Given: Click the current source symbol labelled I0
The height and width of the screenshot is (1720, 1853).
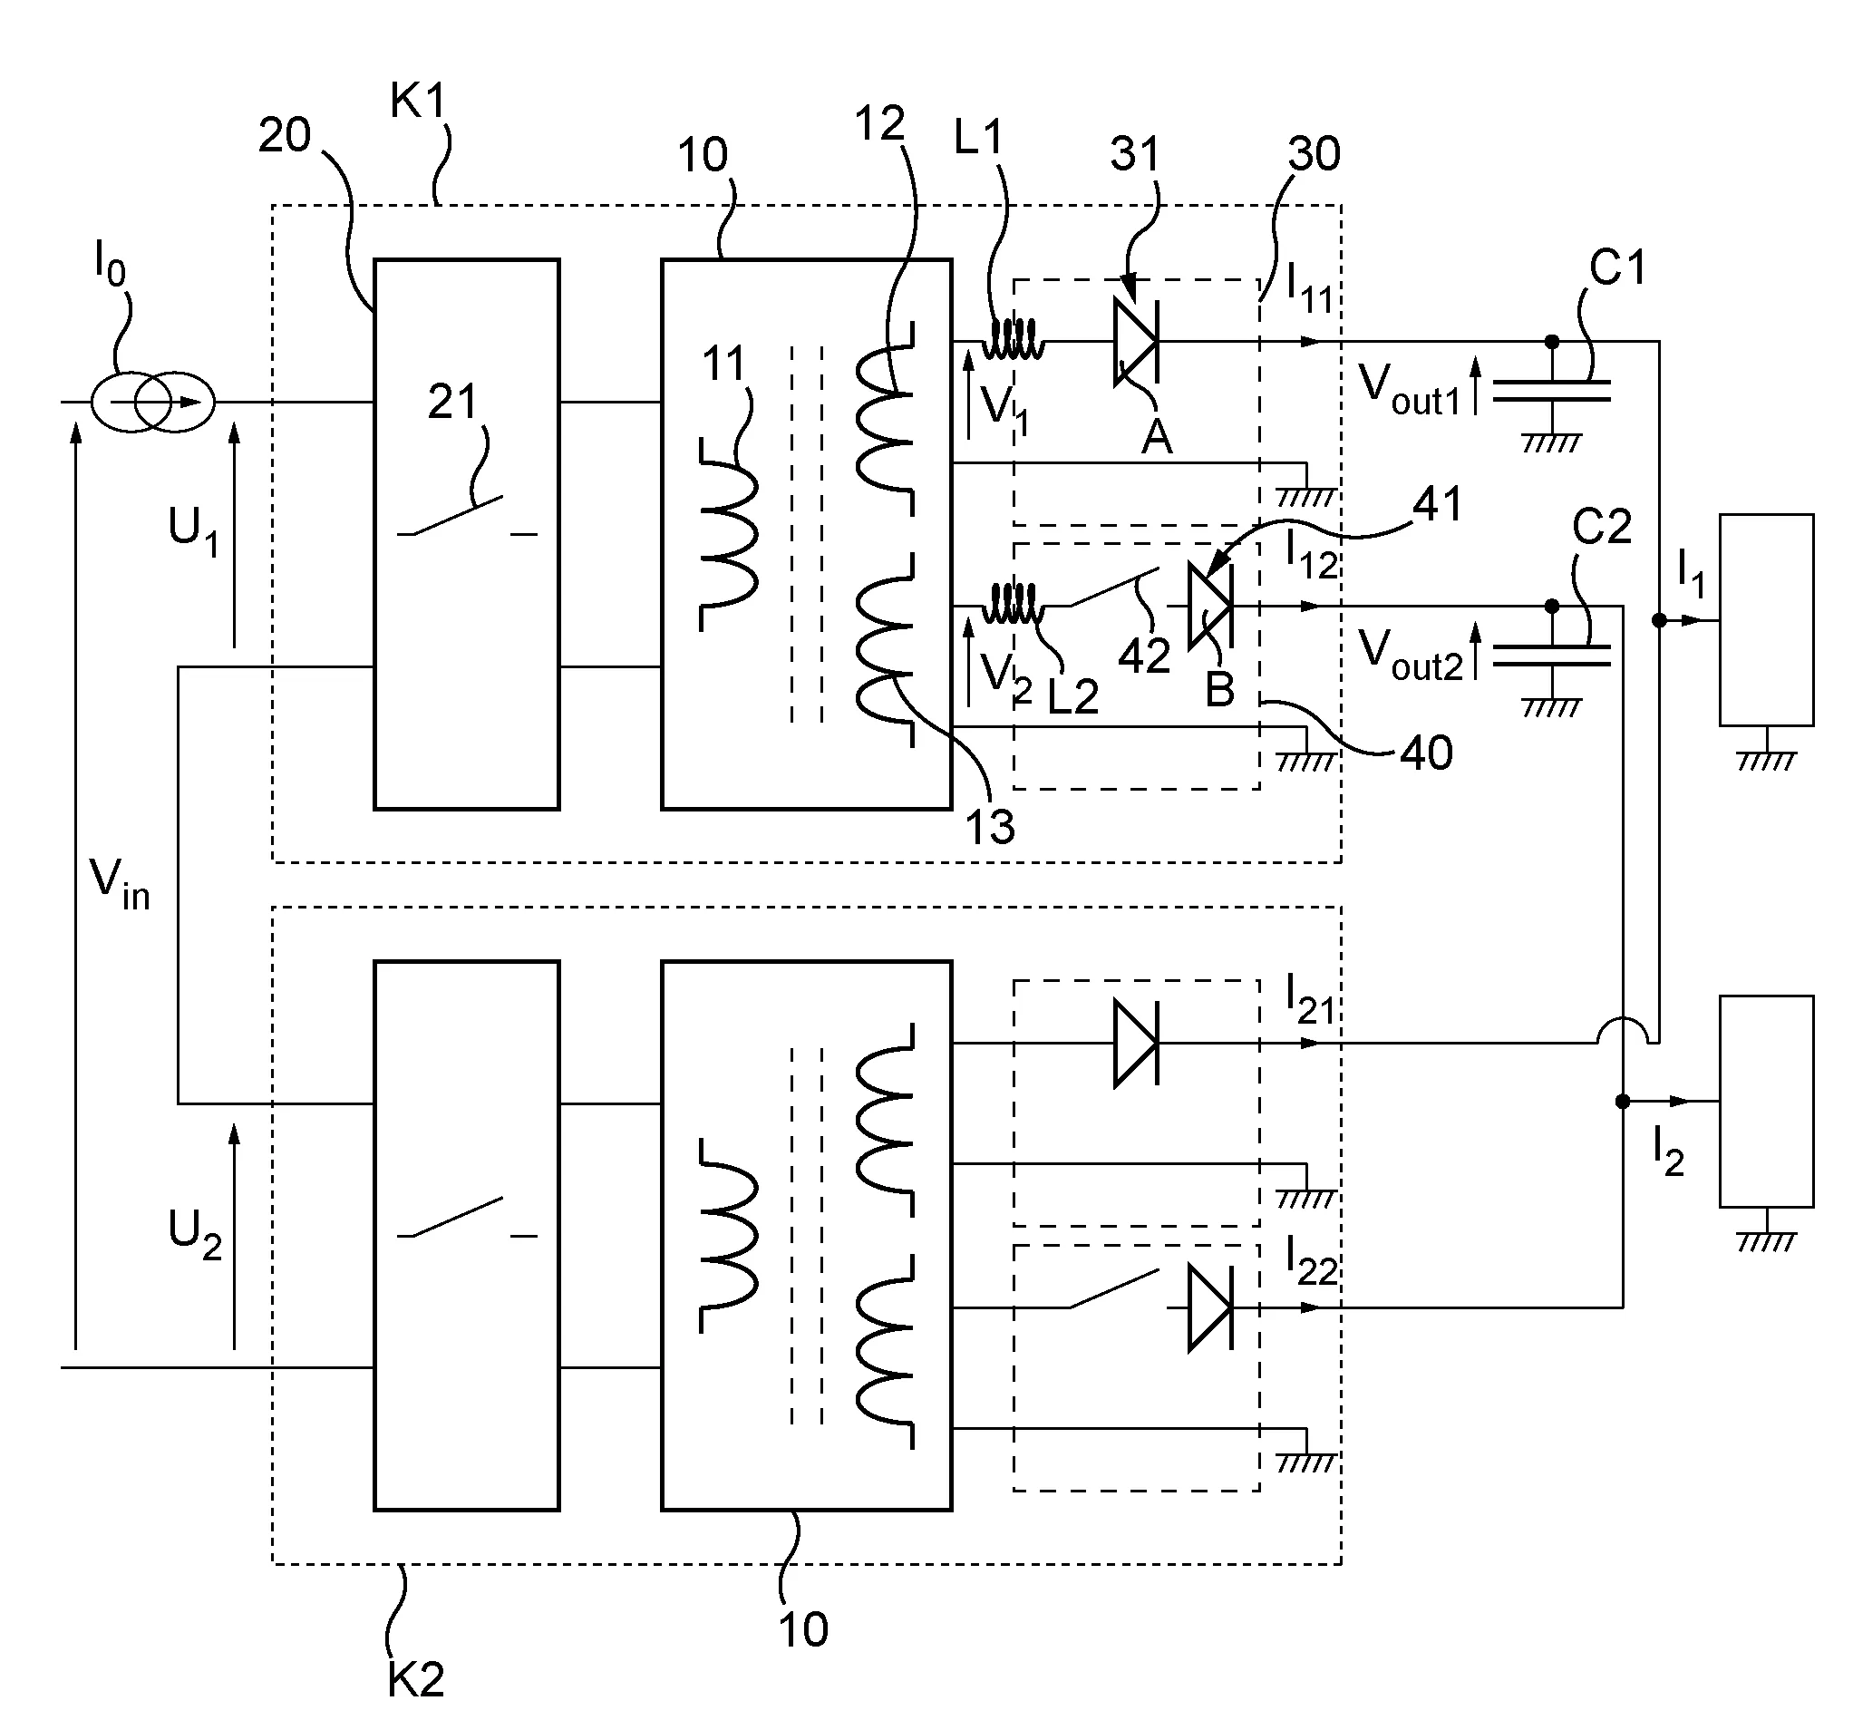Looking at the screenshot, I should [152, 402].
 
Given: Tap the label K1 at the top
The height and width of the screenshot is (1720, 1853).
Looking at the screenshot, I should [418, 101].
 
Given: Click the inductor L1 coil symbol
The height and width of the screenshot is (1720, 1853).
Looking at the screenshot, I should [1014, 341].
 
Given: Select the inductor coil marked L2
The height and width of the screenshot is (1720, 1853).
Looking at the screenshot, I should [1014, 605].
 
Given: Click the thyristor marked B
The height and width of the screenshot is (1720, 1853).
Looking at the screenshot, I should [1210, 606].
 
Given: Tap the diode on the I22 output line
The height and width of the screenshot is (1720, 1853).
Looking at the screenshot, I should [1210, 1307].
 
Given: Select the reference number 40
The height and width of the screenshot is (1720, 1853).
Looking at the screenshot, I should [1426, 752].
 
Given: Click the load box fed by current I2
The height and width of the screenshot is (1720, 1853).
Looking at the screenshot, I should [1765, 1101].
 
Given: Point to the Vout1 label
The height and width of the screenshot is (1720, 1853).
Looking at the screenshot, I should [1408, 389].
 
